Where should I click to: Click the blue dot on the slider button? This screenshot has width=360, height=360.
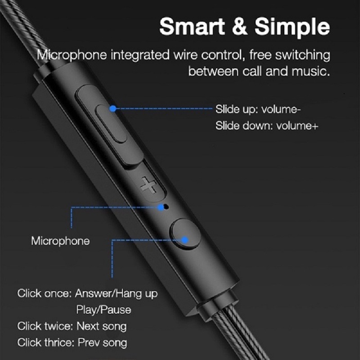113,108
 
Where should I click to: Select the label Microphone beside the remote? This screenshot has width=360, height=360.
60,241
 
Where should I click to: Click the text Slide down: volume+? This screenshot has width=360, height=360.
266,126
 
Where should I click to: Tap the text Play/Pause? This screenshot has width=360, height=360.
103,310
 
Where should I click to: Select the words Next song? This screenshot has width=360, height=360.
101,326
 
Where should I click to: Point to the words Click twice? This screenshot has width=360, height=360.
44,326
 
